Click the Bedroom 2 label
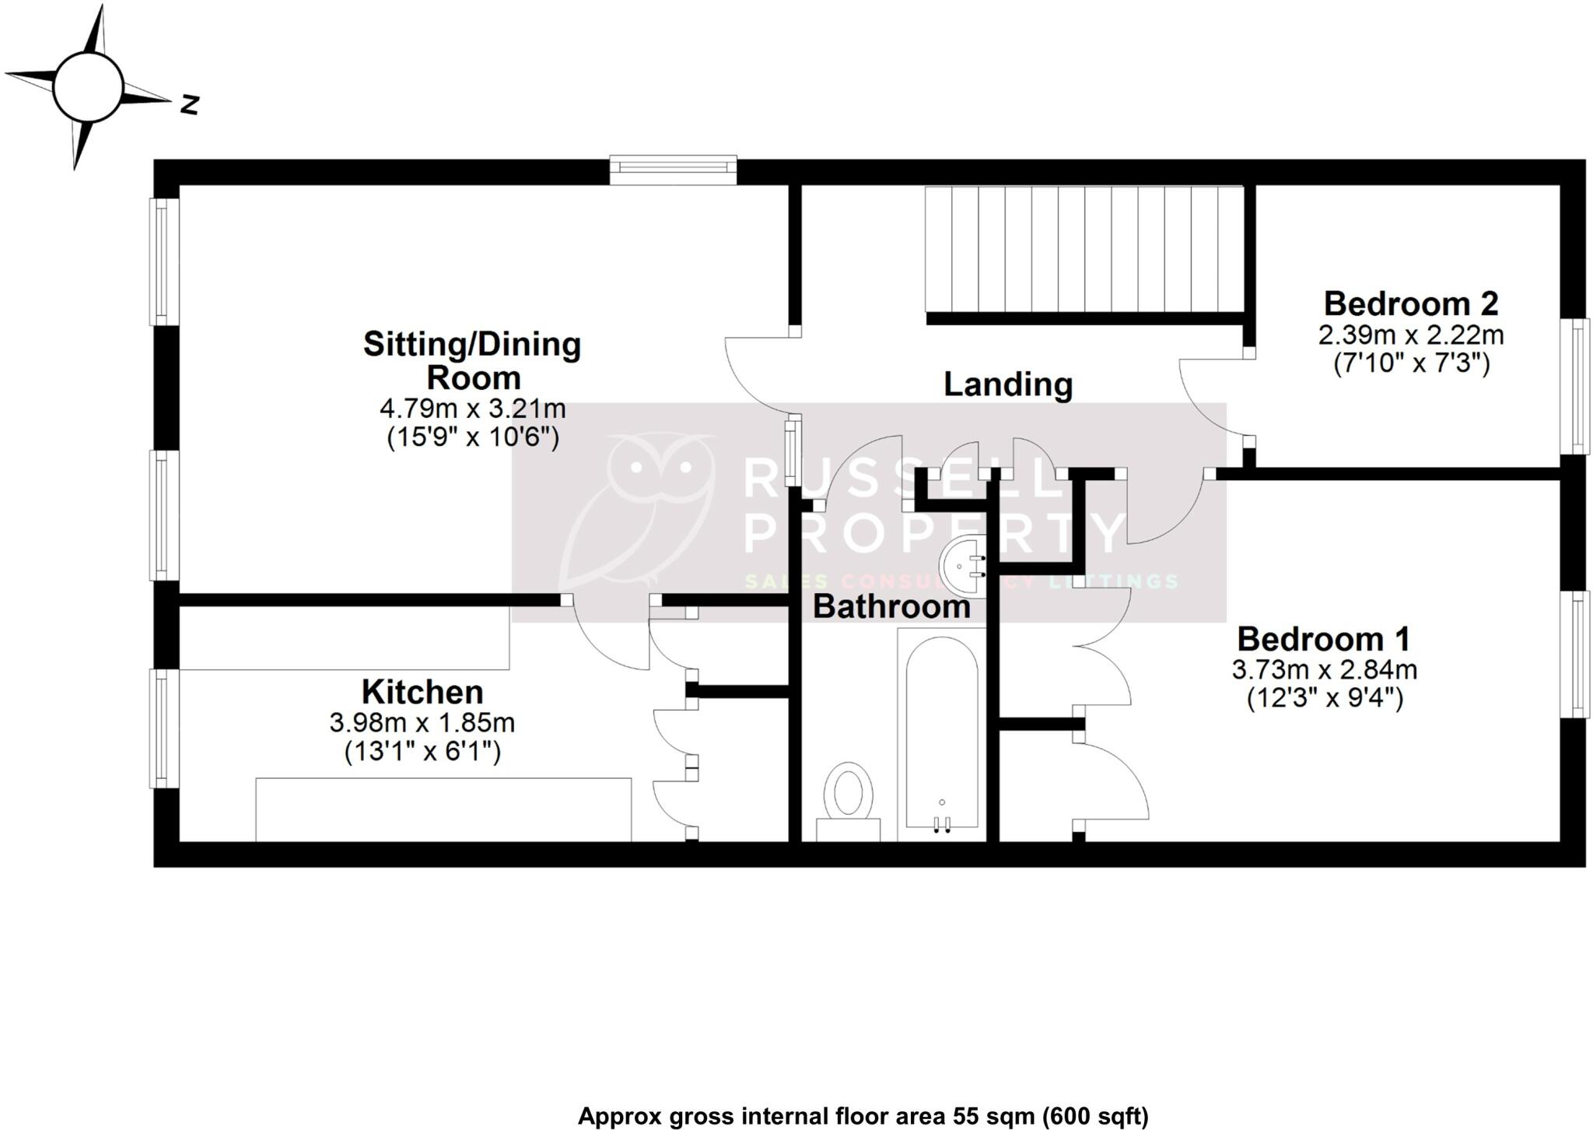tap(1411, 304)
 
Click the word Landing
tap(1008, 384)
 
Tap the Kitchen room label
tap(422, 692)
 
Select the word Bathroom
tap(891, 607)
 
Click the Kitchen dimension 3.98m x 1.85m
tap(422, 723)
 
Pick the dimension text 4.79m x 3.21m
tap(472, 409)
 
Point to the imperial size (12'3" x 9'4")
tap(1325, 699)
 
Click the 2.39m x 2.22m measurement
tap(1411, 335)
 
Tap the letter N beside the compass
tap(189, 104)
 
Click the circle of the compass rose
tap(88, 86)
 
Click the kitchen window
tap(163, 728)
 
